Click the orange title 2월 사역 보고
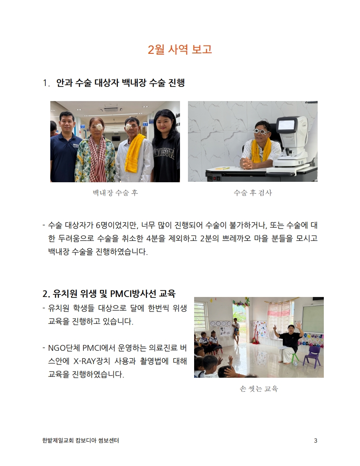click(180, 49)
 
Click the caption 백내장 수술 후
click(115, 193)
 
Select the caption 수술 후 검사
click(253, 193)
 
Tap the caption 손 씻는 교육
click(259, 389)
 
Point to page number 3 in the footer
click(315, 440)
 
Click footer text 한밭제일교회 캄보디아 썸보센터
click(80, 440)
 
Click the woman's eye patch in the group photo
click(97, 127)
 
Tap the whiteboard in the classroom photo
click(313, 319)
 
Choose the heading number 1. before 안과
click(46, 83)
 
